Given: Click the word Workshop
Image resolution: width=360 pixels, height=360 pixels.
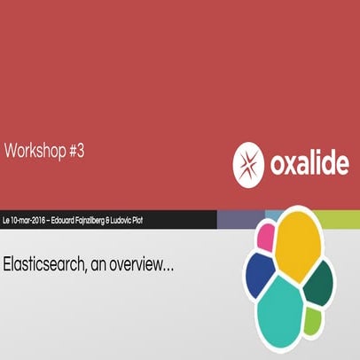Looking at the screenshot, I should [x=34, y=153].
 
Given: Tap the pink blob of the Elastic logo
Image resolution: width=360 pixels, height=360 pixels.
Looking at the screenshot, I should [x=264, y=236].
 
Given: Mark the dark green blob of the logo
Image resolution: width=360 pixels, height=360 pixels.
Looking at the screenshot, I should [x=317, y=281].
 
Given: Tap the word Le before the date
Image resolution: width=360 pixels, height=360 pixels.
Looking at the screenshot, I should [x=7, y=218].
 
